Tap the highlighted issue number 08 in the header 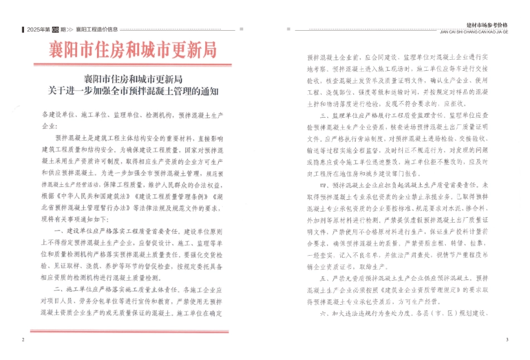55,30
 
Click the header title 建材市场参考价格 487,25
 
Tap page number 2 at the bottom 22,340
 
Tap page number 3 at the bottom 507,340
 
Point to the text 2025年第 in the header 38,30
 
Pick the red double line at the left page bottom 129,332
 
